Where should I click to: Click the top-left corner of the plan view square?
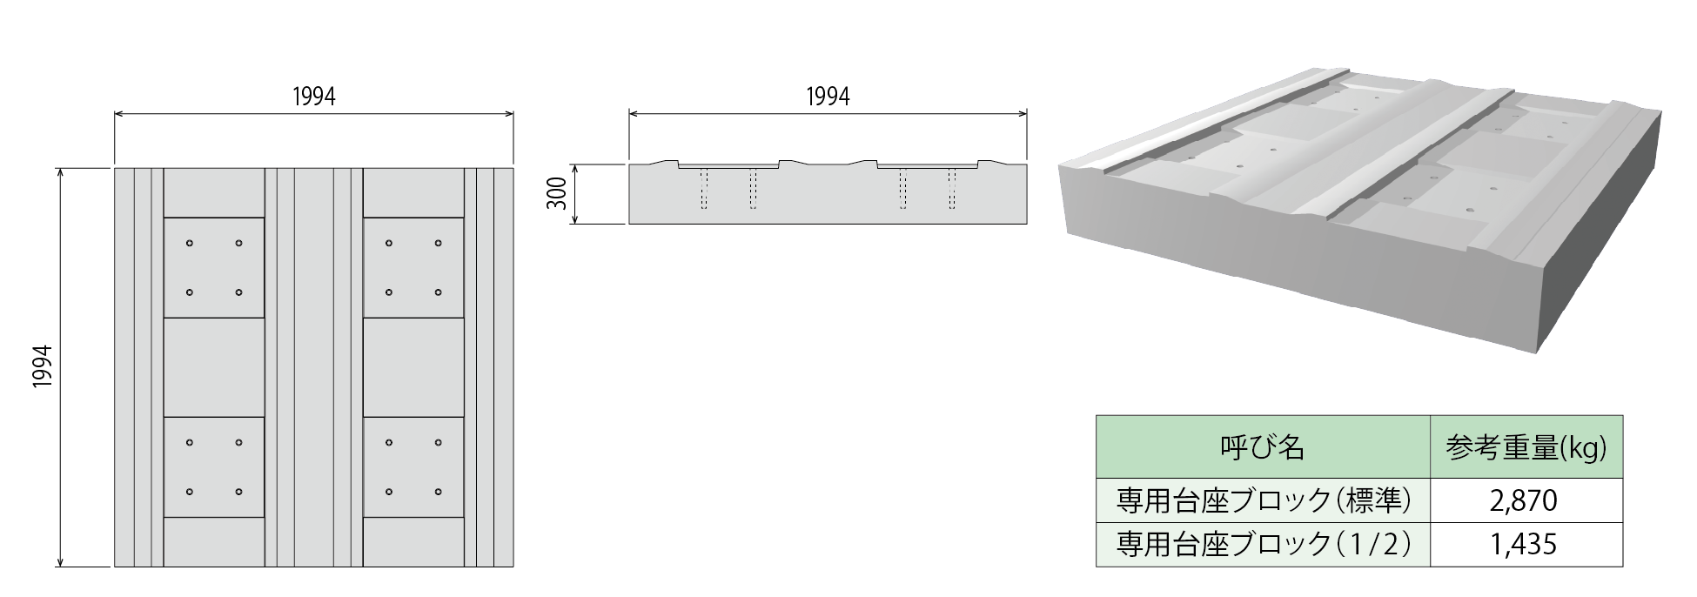tap(115, 167)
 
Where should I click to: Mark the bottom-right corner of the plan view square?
tap(513, 567)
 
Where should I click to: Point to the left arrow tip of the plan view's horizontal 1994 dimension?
tap(116, 113)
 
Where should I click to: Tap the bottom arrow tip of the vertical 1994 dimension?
tap(60, 566)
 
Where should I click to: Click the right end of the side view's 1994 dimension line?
tap(1027, 113)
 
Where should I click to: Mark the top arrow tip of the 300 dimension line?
tap(573, 164)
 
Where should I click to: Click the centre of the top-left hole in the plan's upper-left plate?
tap(189, 243)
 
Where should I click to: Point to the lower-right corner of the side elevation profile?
tap(1027, 224)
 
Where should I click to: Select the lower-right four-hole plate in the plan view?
tap(413, 467)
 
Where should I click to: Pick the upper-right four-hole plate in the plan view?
tap(413, 267)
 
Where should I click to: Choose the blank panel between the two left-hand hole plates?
tap(214, 367)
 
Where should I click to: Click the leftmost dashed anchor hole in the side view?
tap(704, 189)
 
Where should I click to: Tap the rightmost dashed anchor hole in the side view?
tap(952, 189)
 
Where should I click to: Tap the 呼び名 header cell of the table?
tap(1263, 447)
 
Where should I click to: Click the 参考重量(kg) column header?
tap(1526, 447)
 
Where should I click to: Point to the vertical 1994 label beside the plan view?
tap(43, 366)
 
